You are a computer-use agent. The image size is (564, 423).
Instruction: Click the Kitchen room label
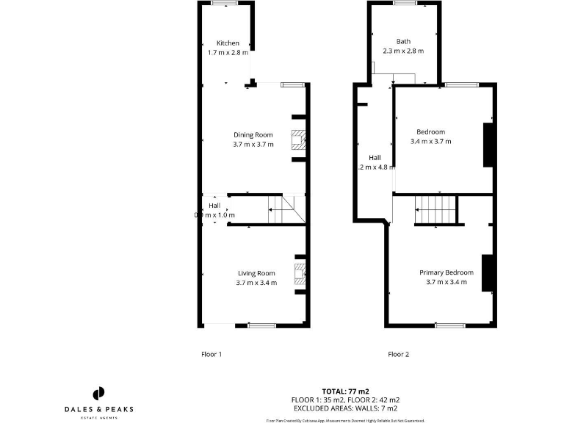pyautogui.click(x=228, y=43)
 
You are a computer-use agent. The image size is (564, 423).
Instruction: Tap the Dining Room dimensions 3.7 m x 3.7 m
pyautogui.click(x=253, y=145)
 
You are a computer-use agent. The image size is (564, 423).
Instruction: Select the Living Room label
pyautogui.click(x=256, y=273)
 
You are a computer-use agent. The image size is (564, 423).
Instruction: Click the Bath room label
pyautogui.click(x=404, y=41)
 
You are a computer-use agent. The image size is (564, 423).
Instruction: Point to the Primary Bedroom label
pyautogui.click(x=446, y=272)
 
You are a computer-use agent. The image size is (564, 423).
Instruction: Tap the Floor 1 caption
pyautogui.click(x=211, y=354)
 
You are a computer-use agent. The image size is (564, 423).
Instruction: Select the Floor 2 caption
pyautogui.click(x=398, y=354)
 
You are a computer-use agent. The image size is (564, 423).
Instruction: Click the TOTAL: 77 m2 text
pyautogui.click(x=345, y=391)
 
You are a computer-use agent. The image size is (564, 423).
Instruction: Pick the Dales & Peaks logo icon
pyautogui.click(x=100, y=393)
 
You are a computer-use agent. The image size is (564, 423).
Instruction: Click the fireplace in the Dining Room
pyautogui.click(x=298, y=138)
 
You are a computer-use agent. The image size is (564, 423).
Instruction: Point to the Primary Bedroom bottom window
pyautogui.click(x=449, y=325)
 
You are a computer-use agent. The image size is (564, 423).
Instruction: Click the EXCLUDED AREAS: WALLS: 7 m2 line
pyautogui.click(x=345, y=408)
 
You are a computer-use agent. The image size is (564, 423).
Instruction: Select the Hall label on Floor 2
pyautogui.click(x=375, y=158)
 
